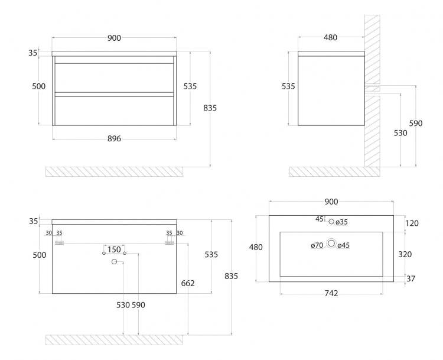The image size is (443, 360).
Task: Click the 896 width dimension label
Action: [114, 138]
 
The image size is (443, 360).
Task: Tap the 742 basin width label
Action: [331, 293]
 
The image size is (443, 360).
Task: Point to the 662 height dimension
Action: [188, 283]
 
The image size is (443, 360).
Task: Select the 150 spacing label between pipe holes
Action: [114, 249]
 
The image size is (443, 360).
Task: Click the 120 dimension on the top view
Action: [412, 223]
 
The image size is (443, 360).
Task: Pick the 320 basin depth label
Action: [405, 254]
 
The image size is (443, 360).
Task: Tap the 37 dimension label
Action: [411, 278]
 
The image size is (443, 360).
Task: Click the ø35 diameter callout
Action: [341, 222]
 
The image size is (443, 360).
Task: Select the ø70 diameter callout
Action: [317, 245]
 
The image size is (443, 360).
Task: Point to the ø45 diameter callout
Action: [343, 245]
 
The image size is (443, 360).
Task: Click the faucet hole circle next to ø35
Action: [331, 222]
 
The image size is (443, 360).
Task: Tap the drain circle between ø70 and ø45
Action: [331, 243]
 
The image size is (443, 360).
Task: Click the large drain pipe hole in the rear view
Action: [114, 262]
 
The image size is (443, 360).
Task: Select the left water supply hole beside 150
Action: [104, 253]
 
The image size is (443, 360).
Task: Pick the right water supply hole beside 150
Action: [125, 253]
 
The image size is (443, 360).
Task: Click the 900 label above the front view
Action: [114, 38]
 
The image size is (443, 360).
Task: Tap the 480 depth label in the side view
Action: [330, 37]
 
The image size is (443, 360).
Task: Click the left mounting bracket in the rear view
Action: [59, 243]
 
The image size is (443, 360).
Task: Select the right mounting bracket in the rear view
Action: [170, 243]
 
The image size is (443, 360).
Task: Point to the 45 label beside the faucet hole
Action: [319, 219]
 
